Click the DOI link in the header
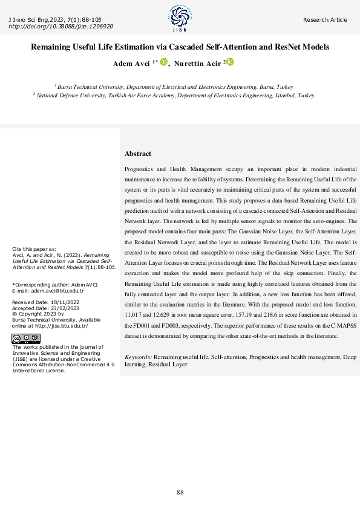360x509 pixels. (x=61, y=27)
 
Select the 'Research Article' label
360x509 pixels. (x=326, y=20)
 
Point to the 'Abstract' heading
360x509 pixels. (x=138, y=154)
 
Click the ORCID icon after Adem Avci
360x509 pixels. (x=163, y=62)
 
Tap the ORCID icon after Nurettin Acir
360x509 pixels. (x=230, y=62)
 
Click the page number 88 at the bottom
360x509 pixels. (x=180, y=492)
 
